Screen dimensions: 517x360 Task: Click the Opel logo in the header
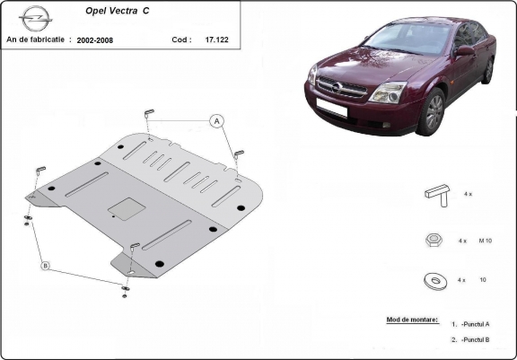(x=36, y=19)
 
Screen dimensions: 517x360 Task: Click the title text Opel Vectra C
(x=117, y=11)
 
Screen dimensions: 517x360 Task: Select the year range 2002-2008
(x=95, y=40)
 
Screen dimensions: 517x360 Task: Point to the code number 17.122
(x=216, y=40)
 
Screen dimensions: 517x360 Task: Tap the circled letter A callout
(x=216, y=121)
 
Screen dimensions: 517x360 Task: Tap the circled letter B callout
(x=46, y=266)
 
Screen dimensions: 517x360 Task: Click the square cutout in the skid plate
(x=127, y=209)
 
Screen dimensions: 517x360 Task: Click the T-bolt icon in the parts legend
(x=437, y=196)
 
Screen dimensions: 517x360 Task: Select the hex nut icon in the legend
(x=434, y=240)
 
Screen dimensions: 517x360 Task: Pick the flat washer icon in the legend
(x=435, y=281)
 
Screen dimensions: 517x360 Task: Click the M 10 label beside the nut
(x=485, y=241)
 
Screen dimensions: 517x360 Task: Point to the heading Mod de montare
(x=413, y=320)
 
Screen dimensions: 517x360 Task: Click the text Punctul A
(x=475, y=324)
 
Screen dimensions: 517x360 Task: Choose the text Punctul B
(x=475, y=339)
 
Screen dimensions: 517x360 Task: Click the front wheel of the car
(x=432, y=112)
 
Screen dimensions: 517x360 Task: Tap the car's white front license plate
(x=332, y=107)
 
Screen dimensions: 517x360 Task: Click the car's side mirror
(x=465, y=50)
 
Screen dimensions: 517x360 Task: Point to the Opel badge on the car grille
(x=337, y=87)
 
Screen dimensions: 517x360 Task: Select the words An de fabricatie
(x=35, y=40)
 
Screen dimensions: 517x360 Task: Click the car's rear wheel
(x=488, y=70)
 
